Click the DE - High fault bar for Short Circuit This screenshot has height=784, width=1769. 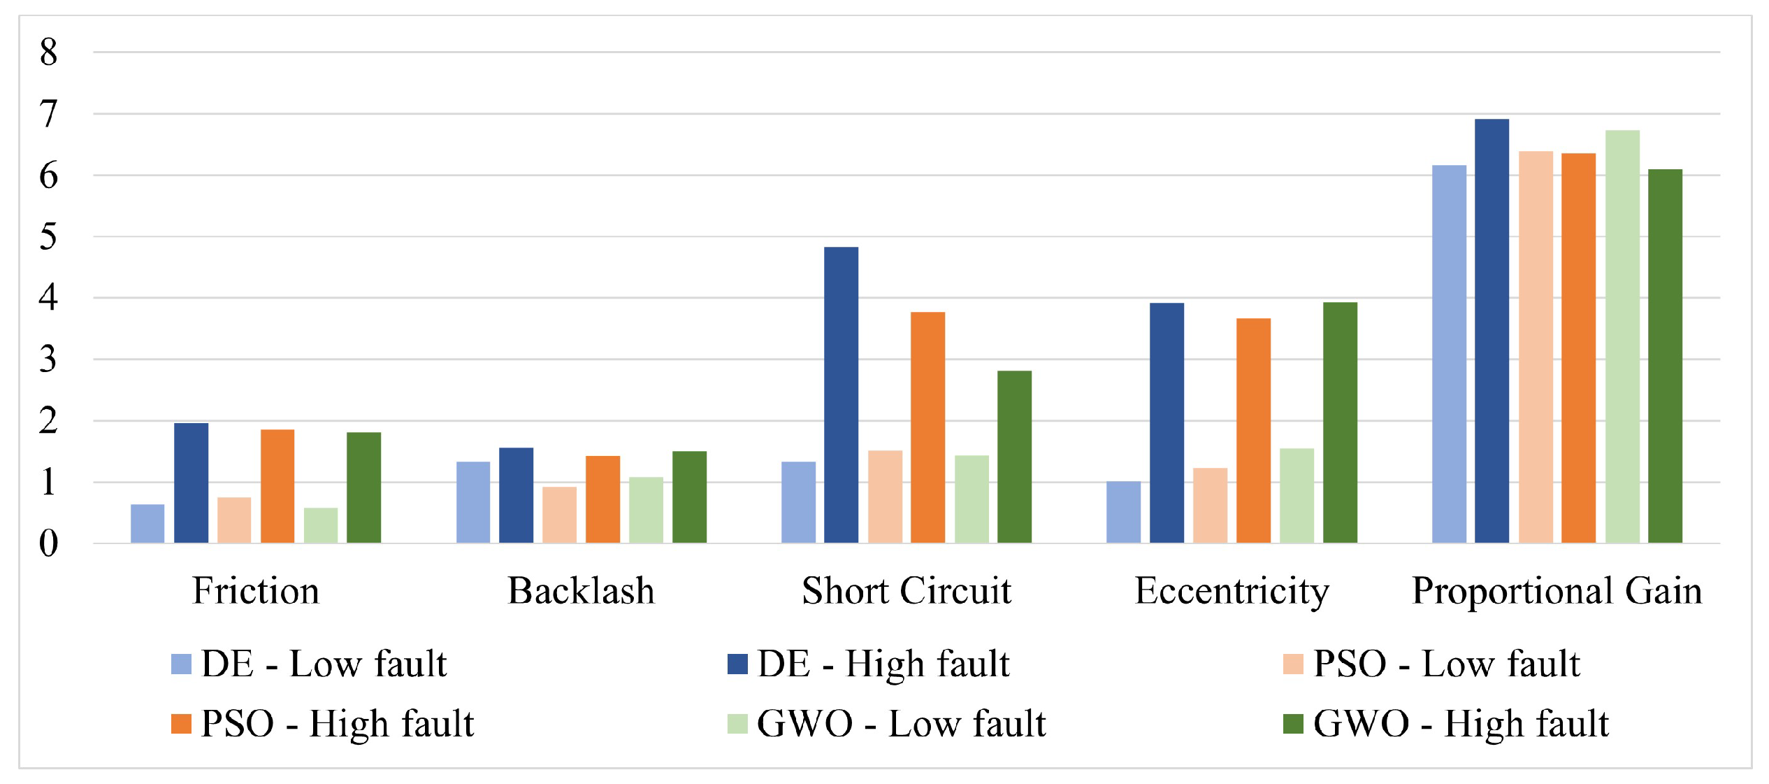point(841,395)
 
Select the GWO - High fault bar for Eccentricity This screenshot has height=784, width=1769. point(1340,422)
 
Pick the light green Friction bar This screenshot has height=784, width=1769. point(321,525)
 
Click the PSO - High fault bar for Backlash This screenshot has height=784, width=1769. point(602,499)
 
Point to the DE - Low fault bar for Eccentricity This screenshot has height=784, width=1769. point(1123,512)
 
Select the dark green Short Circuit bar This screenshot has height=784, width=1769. point(1014,457)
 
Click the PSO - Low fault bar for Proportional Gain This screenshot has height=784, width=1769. point(1536,347)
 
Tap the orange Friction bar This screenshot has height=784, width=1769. point(277,486)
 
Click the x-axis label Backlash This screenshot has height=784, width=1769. point(581,591)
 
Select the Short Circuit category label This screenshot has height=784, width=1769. point(907,591)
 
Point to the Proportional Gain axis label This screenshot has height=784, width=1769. point(1557,591)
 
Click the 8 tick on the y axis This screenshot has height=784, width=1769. point(48,52)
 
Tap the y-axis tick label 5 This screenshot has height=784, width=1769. point(48,237)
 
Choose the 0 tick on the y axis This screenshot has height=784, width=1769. point(48,543)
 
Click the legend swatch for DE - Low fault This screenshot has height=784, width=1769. point(181,664)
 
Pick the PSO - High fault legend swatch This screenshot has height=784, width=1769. point(181,724)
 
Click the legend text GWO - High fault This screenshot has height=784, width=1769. point(1461,724)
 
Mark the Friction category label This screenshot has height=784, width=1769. point(256,591)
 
